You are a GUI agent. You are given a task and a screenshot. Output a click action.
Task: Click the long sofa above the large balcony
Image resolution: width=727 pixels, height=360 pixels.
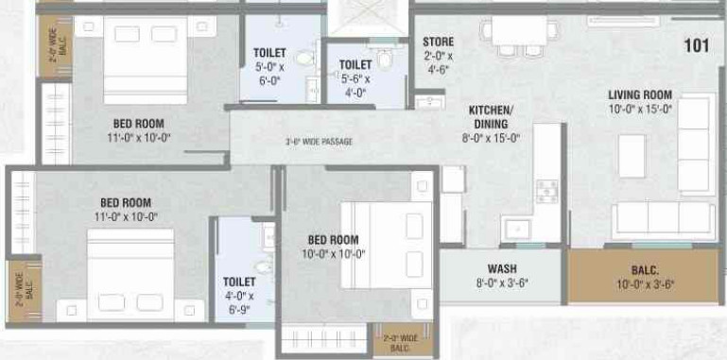661,219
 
